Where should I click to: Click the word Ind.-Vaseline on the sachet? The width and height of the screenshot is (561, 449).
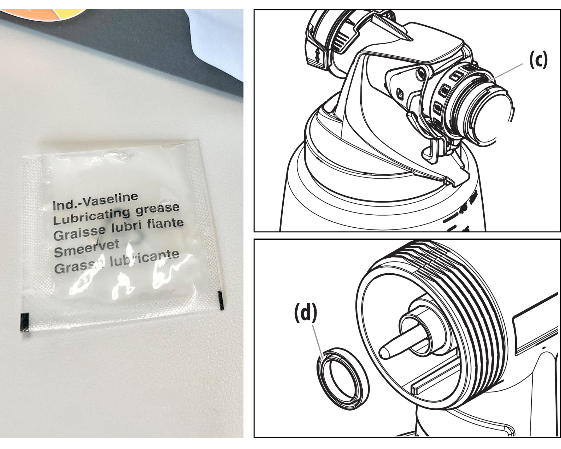95,201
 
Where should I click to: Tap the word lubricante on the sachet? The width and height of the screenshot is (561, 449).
144,259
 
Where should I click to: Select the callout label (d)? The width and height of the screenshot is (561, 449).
305,314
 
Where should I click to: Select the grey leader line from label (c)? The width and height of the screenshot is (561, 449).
506,72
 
